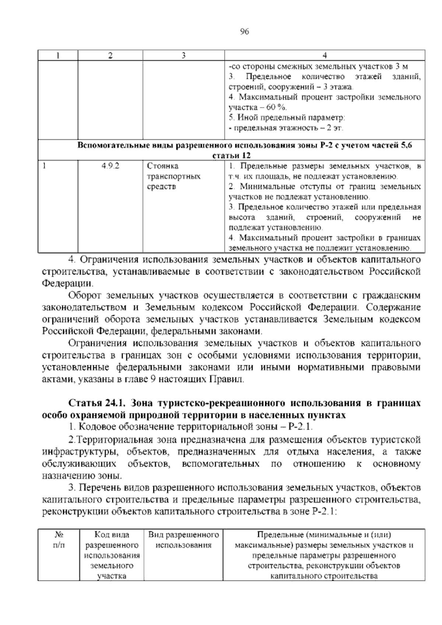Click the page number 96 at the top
click(244, 32)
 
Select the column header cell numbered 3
click(183, 56)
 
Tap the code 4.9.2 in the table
click(110, 166)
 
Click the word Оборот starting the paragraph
click(85, 296)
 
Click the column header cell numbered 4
click(325, 56)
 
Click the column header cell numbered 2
click(110, 56)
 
